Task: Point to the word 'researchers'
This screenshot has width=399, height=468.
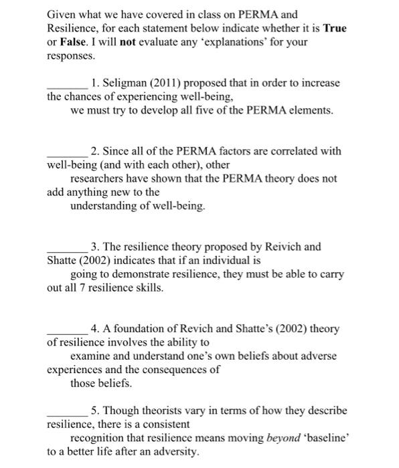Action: tap(98, 179)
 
